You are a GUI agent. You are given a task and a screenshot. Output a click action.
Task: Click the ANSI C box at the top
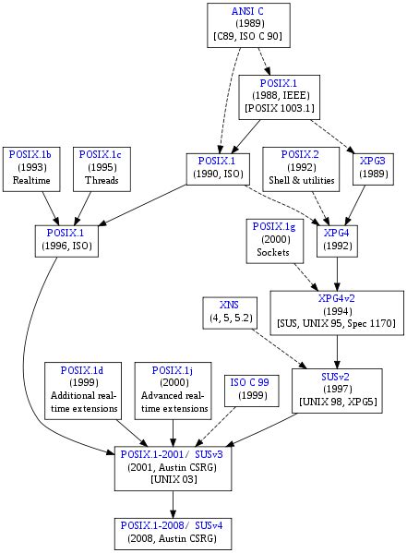(x=246, y=24)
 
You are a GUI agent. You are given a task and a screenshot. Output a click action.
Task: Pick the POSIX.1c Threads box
(x=102, y=167)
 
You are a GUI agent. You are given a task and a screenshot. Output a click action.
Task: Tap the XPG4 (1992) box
(x=336, y=238)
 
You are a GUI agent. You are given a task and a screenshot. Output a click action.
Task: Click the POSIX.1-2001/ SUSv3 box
(x=173, y=466)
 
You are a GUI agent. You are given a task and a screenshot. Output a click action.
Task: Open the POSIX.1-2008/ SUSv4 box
(x=173, y=531)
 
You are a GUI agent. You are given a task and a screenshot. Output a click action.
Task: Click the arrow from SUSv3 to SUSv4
(x=173, y=502)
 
